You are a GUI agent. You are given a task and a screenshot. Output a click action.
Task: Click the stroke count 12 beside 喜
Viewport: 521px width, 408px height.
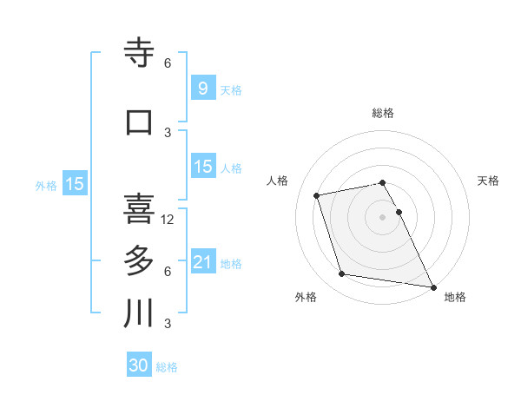168,220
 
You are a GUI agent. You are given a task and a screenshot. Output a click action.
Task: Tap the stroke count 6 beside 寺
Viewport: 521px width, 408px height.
168,63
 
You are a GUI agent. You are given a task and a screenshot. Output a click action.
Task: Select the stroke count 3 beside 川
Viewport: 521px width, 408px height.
168,324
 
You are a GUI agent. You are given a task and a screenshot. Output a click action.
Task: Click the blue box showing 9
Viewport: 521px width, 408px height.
202,88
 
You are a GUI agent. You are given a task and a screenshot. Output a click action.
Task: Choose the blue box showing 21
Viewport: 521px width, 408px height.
202,261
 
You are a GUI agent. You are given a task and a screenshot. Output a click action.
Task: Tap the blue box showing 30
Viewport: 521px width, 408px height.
139,365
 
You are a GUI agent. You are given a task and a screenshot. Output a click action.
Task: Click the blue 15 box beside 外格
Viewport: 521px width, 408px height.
74,184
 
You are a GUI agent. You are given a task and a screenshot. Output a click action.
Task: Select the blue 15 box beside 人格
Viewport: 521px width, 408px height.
202,167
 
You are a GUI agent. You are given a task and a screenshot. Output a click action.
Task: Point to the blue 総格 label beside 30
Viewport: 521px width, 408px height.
167,367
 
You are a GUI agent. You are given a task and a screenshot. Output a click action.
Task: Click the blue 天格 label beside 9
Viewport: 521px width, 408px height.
231,89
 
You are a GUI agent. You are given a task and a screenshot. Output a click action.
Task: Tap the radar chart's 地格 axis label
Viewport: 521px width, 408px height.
455,297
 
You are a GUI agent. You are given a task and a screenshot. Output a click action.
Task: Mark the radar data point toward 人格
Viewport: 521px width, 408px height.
317,194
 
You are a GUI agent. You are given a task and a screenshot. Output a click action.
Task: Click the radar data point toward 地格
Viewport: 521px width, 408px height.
432,286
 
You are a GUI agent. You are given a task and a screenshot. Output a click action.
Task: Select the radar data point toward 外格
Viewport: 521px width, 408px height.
342,274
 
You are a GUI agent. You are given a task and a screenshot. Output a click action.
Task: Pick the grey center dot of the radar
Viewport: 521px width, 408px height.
382,216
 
